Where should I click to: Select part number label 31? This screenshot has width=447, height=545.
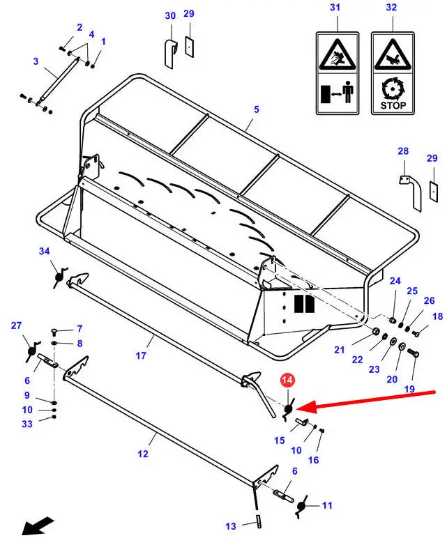(x=335, y=8)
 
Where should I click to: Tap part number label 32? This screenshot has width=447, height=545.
(x=391, y=8)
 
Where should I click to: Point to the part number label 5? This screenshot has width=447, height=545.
(x=256, y=109)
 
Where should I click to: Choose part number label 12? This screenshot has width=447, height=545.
(x=142, y=454)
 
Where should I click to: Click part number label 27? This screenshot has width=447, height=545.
(x=16, y=325)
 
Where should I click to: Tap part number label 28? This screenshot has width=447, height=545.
(x=402, y=151)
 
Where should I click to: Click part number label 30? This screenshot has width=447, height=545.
(x=170, y=15)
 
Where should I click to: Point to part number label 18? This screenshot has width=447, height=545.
(x=437, y=317)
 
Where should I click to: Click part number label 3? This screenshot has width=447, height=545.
(x=36, y=61)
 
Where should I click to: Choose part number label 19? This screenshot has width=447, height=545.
(x=409, y=388)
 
